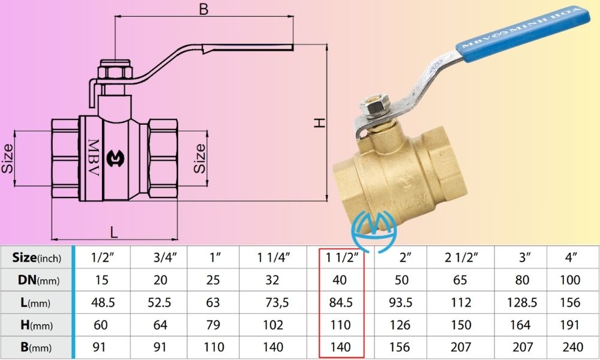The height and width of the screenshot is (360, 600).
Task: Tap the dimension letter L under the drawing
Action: [x=113, y=230]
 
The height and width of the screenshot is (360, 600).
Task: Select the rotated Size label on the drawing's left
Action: [x=8, y=158]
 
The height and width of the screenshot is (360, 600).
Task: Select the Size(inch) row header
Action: [x=37, y=257]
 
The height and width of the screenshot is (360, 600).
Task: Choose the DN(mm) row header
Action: [x=37, y=280]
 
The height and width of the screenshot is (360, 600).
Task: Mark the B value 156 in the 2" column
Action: [x=400, y=347]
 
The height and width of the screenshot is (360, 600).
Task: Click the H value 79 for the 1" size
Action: [x=213, y=325]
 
